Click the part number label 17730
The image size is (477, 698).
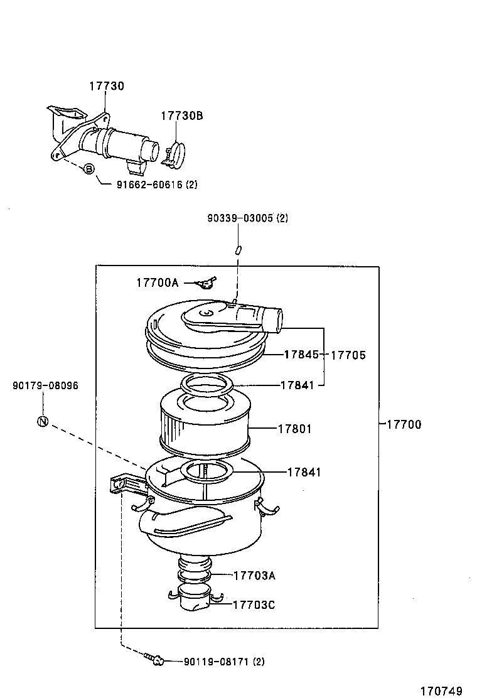106,86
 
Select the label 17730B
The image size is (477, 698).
181,116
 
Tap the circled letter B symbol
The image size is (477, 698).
88,169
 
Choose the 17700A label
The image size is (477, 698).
157,283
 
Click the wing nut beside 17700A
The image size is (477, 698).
206,284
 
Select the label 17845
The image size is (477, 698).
301,355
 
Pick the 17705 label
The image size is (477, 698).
348,355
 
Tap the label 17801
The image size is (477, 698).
295,429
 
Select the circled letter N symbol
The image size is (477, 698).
42,421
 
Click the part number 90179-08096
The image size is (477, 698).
45,385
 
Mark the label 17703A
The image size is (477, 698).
254,575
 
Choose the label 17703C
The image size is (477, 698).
254,605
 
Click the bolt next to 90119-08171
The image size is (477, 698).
155,660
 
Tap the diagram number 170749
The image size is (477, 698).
441,690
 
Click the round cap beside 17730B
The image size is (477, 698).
178,154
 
